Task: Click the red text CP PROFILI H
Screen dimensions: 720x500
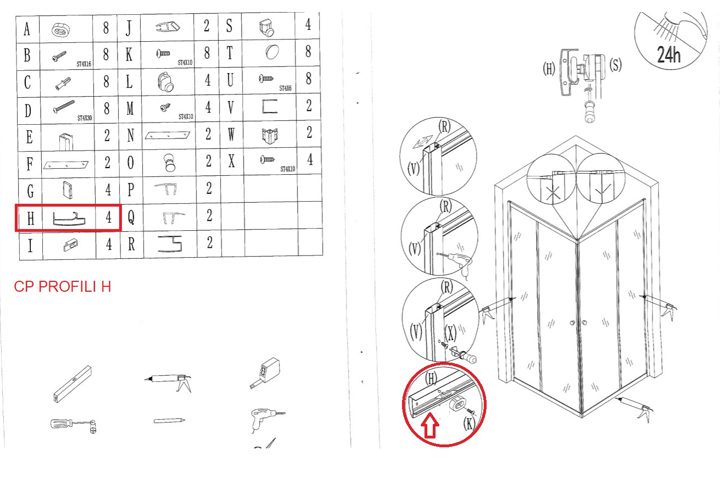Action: click(x=63, y=286)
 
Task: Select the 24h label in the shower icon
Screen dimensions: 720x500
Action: click(x=668, y=54)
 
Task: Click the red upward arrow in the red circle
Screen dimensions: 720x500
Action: click(x=430, y=426)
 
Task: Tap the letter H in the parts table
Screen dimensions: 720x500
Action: click(x=30, y=219)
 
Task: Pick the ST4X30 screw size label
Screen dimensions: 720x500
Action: click(x=85, y=118)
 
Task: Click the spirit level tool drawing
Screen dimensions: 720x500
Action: click(x=72, y=384)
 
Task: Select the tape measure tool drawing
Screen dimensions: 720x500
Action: click(x=265, y=373)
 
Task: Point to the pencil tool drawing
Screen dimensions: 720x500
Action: click(x=169, y=420)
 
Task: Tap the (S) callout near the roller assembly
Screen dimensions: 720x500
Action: click(x=615, y=65)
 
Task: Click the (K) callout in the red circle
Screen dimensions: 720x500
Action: click(x=469, y=423)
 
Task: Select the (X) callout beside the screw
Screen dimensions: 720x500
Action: click(x=451, y=333)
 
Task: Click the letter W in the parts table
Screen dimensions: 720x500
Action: click(x=231, y=134)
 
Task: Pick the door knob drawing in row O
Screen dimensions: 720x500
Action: click(x=170, y=163)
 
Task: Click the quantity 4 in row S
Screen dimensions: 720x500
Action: click(x=308, y=24)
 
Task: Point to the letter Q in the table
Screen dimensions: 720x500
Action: click(x=131, y=217)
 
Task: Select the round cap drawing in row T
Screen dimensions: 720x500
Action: click(x=272, y=52)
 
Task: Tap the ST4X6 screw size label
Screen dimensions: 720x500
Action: click(x=286, y=88)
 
